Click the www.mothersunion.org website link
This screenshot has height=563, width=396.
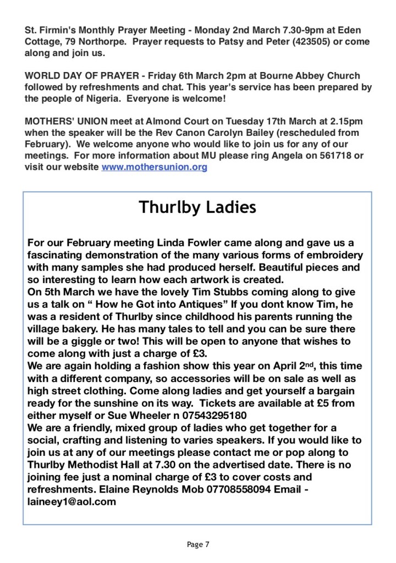155,167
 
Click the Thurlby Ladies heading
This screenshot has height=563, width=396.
197,207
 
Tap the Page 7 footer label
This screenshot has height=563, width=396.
198,545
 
